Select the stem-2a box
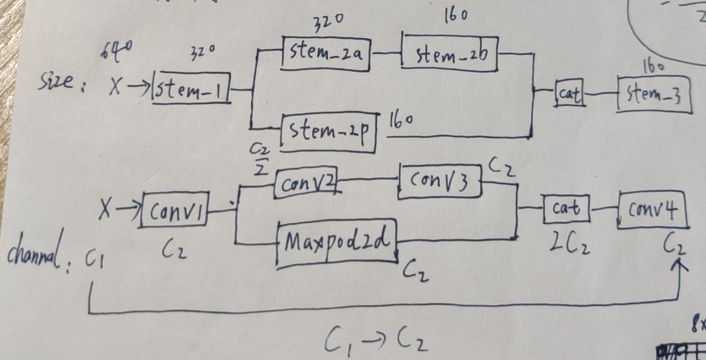click(326, 55)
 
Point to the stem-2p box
click(330, 132)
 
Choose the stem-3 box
click(655, 95)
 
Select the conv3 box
click(440, 181)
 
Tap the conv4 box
click(651, 206)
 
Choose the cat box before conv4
click(564, 208)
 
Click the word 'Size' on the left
click(63, 85)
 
